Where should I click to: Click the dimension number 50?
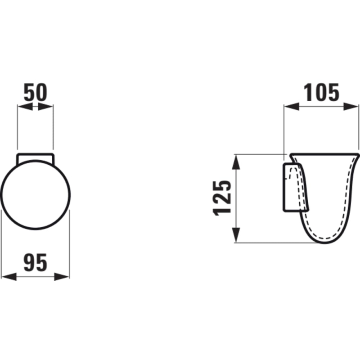pyautogui.click(x=36, y=92)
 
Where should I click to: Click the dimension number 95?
pyautogui.click(x=36, y=262)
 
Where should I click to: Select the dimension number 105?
pyautogui.click(x=321, y=92)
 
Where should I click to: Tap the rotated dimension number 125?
pyautogui.click(x=222, y=198)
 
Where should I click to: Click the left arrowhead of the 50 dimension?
pyautogui.click(x=25, y=107)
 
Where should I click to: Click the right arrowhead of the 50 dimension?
pyautogui.click(x=45, y=107)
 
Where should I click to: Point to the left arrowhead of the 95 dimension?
pyautogui.click(x=9, y=277)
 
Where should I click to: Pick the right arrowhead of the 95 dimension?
pyautogui.click(x=62, y=277)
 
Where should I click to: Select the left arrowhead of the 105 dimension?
pyautogui.click(x=292, y=107)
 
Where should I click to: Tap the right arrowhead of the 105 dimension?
pyautogui.click(x=351, y=107)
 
